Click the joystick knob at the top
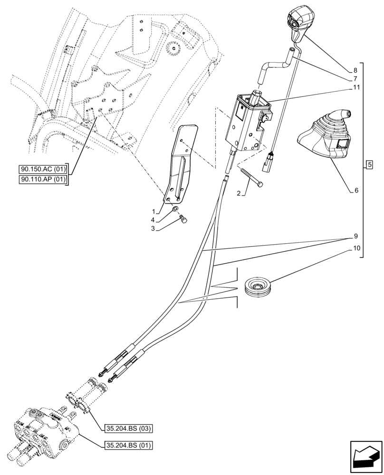301,21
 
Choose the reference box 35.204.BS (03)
127,429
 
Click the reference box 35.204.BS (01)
127,445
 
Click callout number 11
356,88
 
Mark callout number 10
356,248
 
